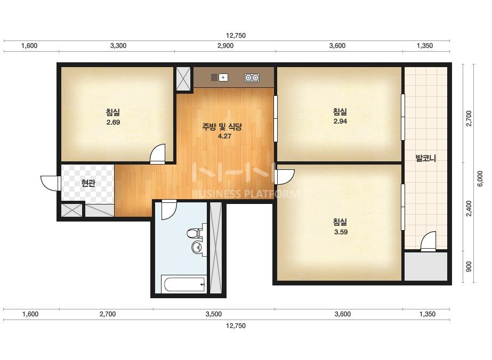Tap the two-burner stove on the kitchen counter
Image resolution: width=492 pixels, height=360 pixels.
[x=252, y=77]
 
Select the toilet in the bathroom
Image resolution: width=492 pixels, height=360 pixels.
[x=194, y=233]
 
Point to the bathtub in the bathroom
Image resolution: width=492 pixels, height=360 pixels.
[x=183, y=284]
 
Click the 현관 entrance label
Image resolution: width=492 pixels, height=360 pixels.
[x=88, y=183]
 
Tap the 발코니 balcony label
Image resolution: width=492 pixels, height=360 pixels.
[x=425, y=158]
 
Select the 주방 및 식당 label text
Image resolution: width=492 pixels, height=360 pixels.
[x=222, y=127]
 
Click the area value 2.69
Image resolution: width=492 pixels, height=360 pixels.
[x=113, y=122]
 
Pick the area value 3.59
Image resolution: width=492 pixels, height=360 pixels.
[x=341, y=232]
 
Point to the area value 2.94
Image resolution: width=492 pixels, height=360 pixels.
[x=340, y=121]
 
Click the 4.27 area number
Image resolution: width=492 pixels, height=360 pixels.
[x=224, y=136]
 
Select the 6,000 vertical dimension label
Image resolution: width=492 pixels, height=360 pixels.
[x=480, y=178]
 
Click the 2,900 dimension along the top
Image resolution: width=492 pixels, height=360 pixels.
[x=225, y=46]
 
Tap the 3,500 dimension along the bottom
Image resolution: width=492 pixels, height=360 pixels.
[x=214, y=314]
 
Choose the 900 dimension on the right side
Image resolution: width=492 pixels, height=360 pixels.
[x=469, y=267]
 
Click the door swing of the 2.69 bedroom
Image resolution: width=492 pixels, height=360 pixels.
[x=157, y=154]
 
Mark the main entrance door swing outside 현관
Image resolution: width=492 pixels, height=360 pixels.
[x=50, y=183]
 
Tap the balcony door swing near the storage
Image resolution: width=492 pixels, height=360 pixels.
[x=428, y=241]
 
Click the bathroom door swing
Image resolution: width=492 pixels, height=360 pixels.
[x=170, y=210]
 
